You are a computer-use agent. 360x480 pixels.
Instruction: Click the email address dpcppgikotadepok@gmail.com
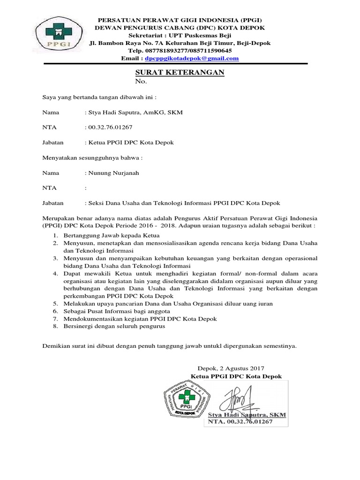[x=192, y=59]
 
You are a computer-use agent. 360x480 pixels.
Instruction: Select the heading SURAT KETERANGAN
[x=180, y=72]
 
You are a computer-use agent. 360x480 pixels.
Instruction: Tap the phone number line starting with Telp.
[x=180, y=51]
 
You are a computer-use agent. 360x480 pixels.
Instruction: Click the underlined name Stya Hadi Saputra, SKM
[x=246, y=415]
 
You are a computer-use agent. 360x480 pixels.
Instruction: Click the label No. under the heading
[x=141, y=82]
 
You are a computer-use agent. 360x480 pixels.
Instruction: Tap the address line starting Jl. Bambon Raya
[x=180, y=43]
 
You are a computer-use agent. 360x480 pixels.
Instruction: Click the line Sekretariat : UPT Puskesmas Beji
[x=180, y=35]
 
